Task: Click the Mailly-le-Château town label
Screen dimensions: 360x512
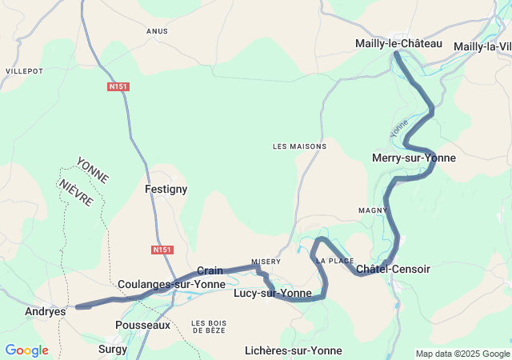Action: [x=398, y=43]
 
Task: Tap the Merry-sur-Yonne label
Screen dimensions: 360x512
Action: [x=414, y=158]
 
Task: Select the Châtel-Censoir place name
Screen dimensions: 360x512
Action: [x=393, y=269]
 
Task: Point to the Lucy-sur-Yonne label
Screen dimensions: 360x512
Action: [x=272, y=294]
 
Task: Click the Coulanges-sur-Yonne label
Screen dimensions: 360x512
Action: [x=171, y=284]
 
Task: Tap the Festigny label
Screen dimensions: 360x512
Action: [x=166, y=189]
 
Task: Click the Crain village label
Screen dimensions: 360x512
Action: [x=210, y=270]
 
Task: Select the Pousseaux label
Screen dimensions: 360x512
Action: [x=142, y=325]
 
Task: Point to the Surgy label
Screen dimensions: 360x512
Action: [x=113, y=349]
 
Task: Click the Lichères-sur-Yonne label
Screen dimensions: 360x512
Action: [x=294, y=350]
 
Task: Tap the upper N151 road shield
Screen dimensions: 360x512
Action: [x=118, y=86]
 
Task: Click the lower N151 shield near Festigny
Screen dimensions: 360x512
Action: [x=162, y=250]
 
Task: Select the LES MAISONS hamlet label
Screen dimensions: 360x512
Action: [x=299, y=146]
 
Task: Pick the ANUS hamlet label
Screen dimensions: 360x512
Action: [x=157, y=31]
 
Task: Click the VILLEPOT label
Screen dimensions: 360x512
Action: [x=24, y=71]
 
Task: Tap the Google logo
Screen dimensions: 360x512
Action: [x=26, y=350]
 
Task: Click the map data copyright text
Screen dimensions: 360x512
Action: [x=462, y=354]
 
